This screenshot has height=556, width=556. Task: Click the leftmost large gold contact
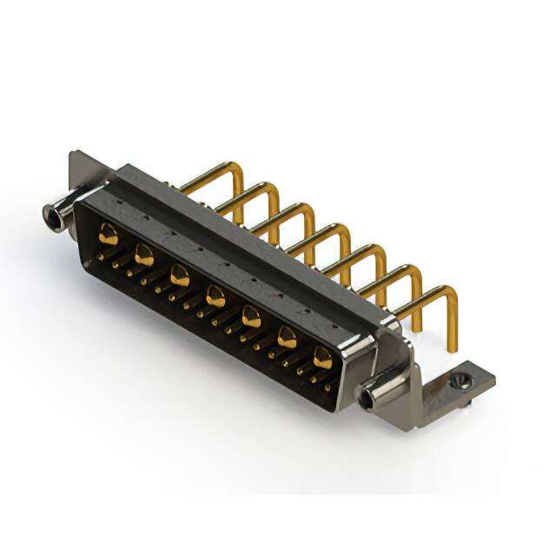click(x=109, y=233)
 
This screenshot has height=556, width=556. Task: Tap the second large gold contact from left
click(x=144, y=255)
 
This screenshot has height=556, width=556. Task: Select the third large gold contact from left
click(x=180, y=276)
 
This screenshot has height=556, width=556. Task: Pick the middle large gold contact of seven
click(x=215, y=298)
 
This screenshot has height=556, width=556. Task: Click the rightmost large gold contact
click(x=322, y=357)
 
